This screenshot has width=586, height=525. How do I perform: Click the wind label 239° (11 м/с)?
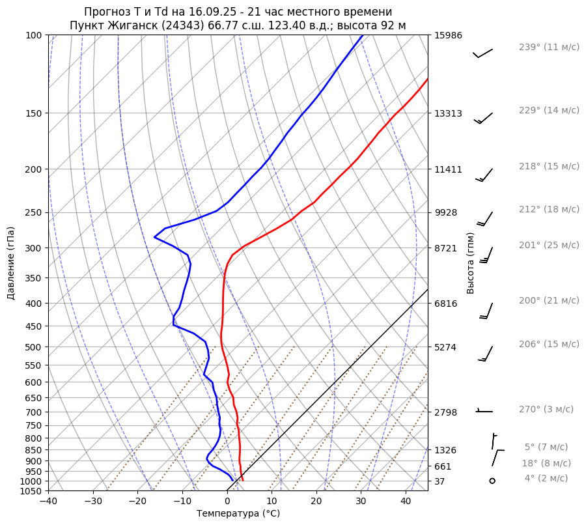point(549,47)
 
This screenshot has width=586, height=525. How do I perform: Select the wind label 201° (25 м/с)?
point(549,245)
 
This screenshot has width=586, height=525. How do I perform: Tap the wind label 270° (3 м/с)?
point(546,409)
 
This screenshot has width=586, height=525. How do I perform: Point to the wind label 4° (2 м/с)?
point(546,478)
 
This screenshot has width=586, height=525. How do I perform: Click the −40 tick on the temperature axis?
point(48,501)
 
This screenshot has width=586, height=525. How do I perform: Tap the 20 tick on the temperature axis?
point(316,501)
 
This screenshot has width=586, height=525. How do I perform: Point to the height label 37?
point(439,481)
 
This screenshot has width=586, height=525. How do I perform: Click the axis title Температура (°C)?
point(238,513)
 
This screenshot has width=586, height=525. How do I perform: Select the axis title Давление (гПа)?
point(11,263)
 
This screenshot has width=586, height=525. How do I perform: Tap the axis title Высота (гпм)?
point(471,263)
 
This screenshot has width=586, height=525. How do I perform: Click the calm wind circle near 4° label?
point(492,481)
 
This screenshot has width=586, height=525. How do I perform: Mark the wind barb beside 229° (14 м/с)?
point(483,118)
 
